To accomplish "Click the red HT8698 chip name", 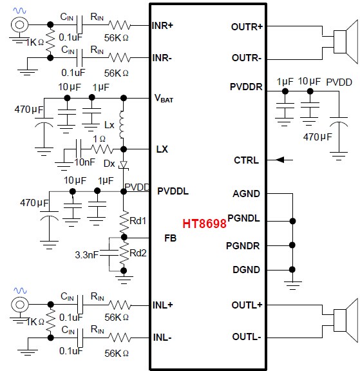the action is (x=204, y=224).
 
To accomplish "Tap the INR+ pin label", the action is (x=162, y=26).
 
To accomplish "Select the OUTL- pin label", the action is (x=247, y=337).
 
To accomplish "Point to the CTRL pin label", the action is (x=246, y=160).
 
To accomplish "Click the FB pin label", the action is (x=170, y=238).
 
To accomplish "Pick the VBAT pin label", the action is (x=164, y=98).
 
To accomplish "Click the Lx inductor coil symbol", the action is (x=121, y=124).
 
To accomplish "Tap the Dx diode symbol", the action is (x=124, y=165).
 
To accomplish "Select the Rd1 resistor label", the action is (x=138, y=221).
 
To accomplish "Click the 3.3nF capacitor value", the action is (x=86, y=255).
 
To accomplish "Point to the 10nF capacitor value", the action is (x=84, y=162).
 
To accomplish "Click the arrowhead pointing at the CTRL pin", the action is (x=279, y=160).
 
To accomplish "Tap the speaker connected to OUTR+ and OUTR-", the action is (x=346, y=42).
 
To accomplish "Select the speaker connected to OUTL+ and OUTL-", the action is (x=346, y=320).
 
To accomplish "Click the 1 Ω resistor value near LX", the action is (x=99, y=139).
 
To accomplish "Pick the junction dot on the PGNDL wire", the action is (x=292, y=221).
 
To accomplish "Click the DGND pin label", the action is (x=246, y=270).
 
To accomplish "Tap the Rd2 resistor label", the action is (x=138, y=253).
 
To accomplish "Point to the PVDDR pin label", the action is (x=246, y=87).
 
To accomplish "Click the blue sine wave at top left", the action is (x=19, y=10).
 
